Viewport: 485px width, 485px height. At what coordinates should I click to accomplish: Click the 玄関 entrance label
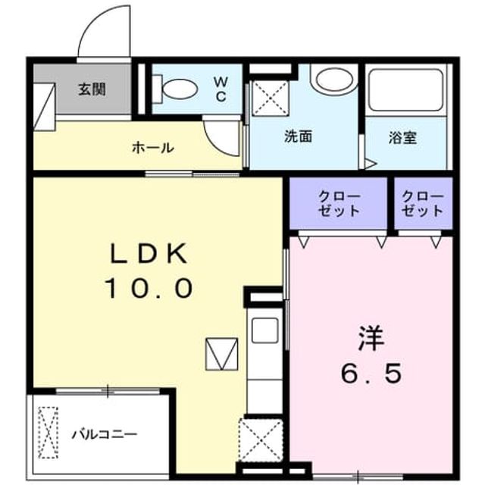pyautogui.click(x=92, y=89)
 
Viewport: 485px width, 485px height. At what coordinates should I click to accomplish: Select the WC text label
pyautogui.click(x=221, y=89)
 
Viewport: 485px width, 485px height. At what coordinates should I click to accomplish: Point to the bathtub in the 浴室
pyautogui.click(x=406, y=89)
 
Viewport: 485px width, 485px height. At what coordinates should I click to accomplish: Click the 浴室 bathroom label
pyautogui.click(x=402, y=138)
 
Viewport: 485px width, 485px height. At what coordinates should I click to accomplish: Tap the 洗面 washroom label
pyautogui.click(x=298, y=136)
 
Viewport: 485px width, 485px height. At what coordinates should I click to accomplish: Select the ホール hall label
pyautogui.click(x=153, y=148)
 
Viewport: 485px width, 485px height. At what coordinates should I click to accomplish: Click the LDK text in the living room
pyautogui.click(x=149, y=253)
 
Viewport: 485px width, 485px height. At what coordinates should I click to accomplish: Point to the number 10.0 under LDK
pyautogui.click(x=149, y=288)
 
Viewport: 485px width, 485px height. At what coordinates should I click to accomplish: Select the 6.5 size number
pyautogui.click(x=371, y=373)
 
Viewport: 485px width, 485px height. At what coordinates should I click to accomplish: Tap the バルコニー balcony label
pyautogui.click(x=105, y=434)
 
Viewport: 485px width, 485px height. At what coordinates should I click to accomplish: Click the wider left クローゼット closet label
pyautogui.click(x=339, y=203)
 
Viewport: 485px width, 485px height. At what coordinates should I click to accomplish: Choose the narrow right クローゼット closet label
pyautogui.click(x=423, y=203)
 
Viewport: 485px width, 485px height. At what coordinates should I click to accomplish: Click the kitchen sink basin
pyautogui.click(x=264, y=330)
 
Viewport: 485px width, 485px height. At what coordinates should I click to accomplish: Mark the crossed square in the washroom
pyautogui.click(x=270, y=98)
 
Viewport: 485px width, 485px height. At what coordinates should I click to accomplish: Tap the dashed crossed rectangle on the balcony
pyautogui.click(x=48, y=433)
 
